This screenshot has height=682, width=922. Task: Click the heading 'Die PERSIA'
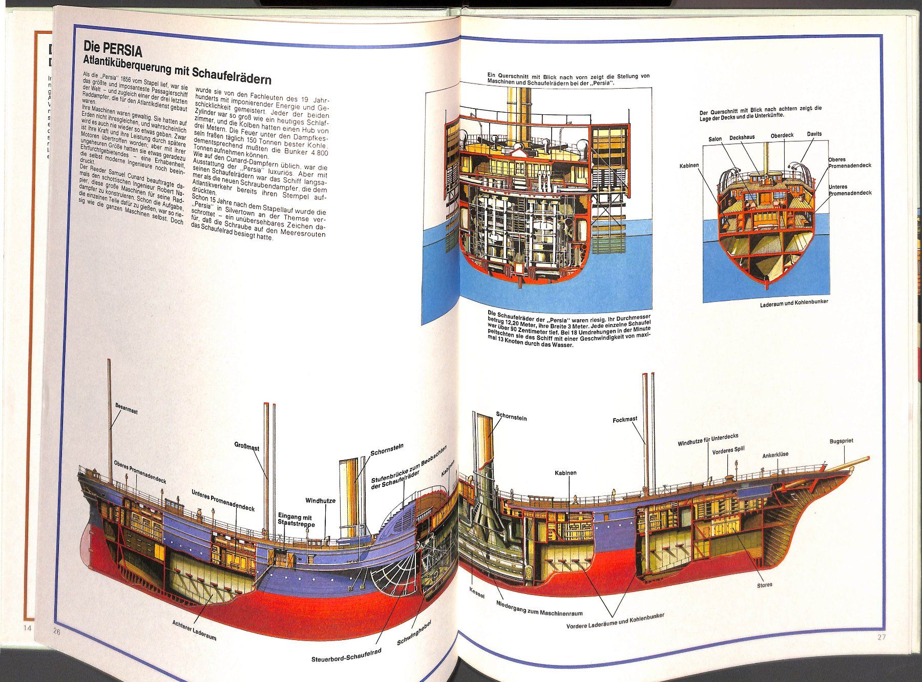[x=113, y=50]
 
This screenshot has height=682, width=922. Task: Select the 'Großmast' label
[x=246, y=447]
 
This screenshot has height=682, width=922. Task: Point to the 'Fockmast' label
[x=625, y=419]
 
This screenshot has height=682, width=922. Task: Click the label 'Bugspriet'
[x=841, y=441]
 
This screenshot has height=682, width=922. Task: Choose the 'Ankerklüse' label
[x=775, y=455]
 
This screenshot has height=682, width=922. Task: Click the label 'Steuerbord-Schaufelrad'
[x=347, y=656]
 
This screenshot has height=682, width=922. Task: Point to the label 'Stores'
[x=764, y=585]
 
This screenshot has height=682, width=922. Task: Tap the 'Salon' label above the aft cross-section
[x=715, y=139]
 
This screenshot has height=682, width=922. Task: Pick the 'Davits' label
[x=814, y=134]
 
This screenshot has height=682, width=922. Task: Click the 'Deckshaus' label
[x=742, y=137]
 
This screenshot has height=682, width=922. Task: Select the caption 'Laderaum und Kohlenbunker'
[x=794, y=302]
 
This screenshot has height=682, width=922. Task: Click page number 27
[x=881, y=637]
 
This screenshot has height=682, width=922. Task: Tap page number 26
[x=56, y=632]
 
